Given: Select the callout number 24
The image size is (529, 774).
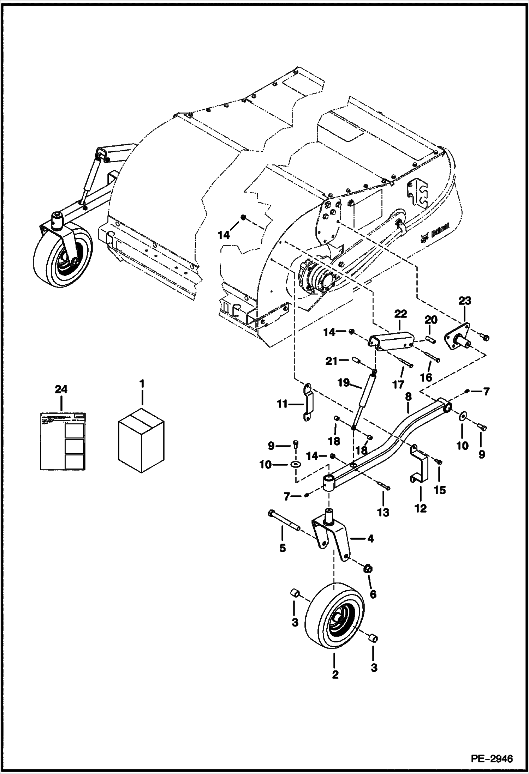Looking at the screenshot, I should (x=61, y=390).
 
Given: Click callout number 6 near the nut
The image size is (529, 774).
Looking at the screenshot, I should (x=373, y=594).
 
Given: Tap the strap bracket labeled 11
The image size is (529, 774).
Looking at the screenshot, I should (x=308, y=403).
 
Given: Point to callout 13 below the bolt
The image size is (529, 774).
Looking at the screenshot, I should (x=383, y=512).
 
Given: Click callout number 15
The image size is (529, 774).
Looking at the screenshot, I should (x=440, y=490).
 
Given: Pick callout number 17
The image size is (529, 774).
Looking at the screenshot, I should (x=398, y=384).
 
